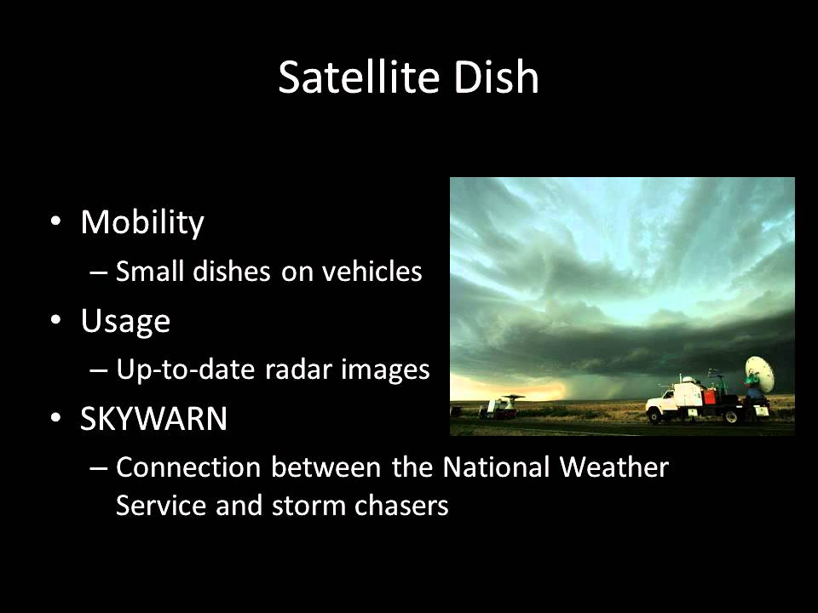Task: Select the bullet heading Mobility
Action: click(142, 222)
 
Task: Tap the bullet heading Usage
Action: click(125, 321)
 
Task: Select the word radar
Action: click(260, 370)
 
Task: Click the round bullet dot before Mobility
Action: click(56, 222)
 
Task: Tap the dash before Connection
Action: click(97, 467)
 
